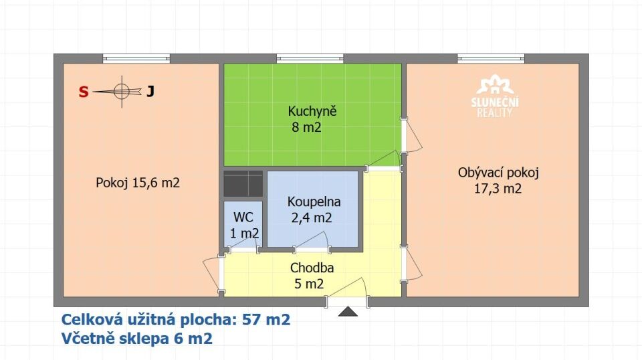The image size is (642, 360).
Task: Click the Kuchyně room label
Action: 312,111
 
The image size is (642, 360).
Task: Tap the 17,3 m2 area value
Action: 498,189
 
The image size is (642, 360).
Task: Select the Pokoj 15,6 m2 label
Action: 138,183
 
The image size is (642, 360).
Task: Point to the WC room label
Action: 243,217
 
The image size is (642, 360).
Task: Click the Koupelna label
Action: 314,201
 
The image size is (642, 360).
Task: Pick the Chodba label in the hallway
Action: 312,268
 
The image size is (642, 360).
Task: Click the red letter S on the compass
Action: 84,92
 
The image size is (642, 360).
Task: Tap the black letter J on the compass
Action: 150,91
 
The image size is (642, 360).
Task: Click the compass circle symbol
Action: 122,91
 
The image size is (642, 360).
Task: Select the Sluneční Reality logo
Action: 495,96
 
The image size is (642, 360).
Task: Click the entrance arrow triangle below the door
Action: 348,311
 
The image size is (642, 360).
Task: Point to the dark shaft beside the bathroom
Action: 243,184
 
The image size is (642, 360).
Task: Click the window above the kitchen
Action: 310,59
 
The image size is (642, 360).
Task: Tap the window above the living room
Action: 491,59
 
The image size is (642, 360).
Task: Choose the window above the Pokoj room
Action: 136,59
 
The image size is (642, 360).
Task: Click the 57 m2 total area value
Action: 266,319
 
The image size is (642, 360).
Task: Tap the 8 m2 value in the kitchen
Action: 306,127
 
